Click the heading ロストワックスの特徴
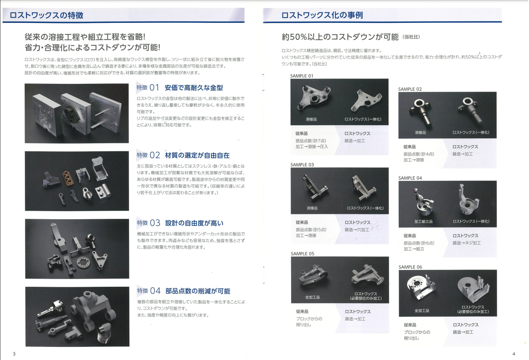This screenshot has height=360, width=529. [x=46, y=15]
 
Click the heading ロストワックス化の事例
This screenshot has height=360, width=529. [x=322, y=15]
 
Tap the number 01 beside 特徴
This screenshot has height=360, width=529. [x=154, y=88]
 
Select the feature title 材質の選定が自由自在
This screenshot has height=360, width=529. [x=197, y=155]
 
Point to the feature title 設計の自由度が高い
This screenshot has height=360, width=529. [x=194, y=223]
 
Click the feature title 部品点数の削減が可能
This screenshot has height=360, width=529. [x=198, y=291]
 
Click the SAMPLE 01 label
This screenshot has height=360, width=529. [x=302, y=76]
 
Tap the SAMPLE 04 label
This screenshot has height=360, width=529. [x=410, y=178]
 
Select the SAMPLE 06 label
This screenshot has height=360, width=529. [x=410, y=267]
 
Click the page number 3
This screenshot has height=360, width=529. [x=14, y=353]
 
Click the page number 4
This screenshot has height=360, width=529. [x=514, y=353]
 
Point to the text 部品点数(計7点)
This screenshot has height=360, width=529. [x=310, y=141]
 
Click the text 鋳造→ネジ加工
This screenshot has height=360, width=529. [x=467, y=243]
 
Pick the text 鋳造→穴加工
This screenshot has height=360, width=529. [x=357, y=229]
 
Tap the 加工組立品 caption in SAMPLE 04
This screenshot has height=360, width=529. [x=423, y=221]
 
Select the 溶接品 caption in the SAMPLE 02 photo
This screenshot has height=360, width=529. [x=420, y=133]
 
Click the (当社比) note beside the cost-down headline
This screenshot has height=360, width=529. [x=411, y=37]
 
